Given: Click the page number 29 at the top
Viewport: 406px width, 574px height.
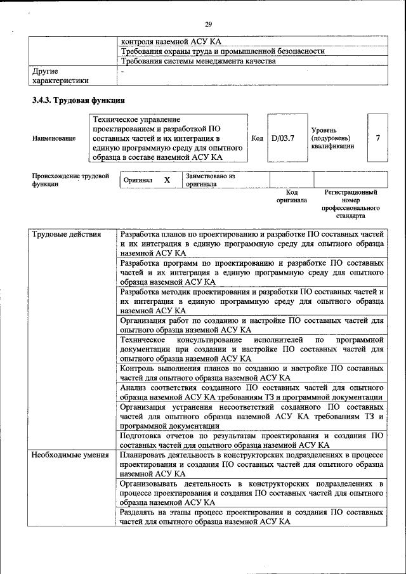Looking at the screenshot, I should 208,24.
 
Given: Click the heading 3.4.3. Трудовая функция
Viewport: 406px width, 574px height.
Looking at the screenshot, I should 78,100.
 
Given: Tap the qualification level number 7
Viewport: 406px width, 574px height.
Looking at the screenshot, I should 378,138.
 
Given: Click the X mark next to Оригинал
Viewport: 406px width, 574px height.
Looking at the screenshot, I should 167,180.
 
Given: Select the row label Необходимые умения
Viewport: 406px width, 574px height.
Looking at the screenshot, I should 70,455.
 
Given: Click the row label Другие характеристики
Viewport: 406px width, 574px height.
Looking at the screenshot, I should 60,76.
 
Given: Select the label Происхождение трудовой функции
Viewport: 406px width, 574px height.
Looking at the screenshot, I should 70,180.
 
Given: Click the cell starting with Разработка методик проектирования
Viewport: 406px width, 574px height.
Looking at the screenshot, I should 251,301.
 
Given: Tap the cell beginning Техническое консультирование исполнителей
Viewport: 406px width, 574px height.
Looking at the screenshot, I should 251,349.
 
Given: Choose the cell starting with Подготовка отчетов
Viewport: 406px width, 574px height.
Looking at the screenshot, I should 251,440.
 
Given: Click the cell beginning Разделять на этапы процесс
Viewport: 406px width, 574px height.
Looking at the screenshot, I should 251,516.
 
